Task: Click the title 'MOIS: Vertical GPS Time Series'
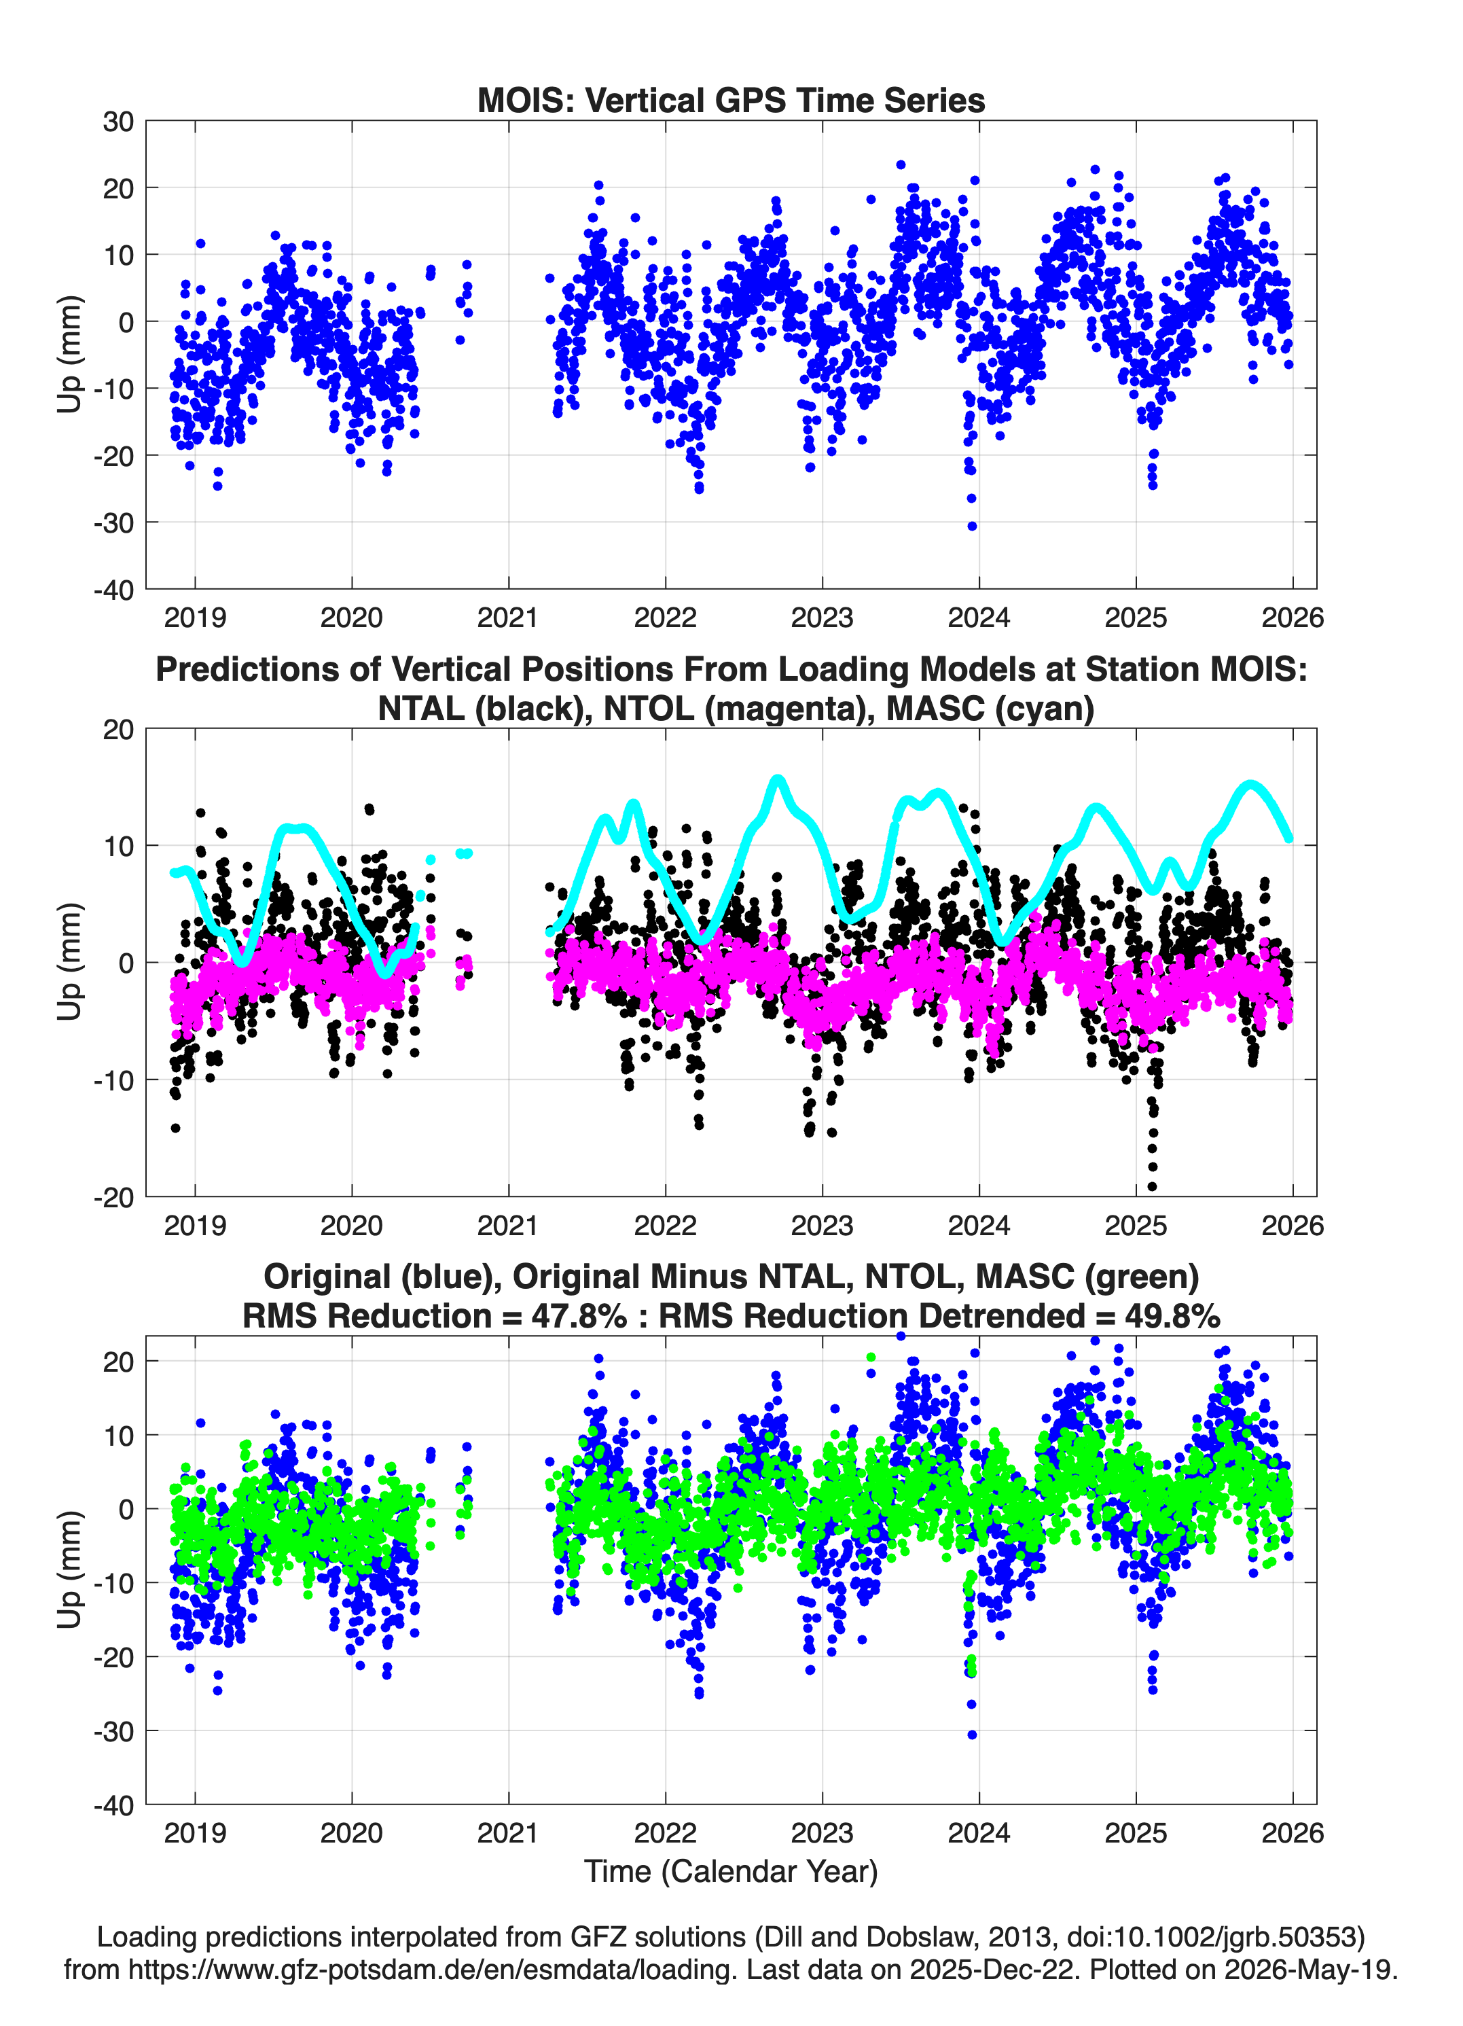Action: tap(731, 100)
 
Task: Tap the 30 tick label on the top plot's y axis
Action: tap(118, 122)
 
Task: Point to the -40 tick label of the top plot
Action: tap(113, 590)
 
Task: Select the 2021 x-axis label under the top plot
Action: tap(508, 618)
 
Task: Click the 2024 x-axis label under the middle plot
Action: tap(979, 1226)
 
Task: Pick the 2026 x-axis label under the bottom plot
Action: tap(1293, 1833)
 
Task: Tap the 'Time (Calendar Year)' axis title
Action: tap(731, 1872)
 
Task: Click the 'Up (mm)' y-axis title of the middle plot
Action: tap(70, 962)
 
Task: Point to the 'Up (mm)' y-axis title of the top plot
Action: tap(70, 355)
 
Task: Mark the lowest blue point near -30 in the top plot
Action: tap(972, 526)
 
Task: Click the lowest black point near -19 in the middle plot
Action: tap(1152, 1187)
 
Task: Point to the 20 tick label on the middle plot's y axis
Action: tap(118, 730)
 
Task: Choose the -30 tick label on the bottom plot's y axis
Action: tap(113, 1731)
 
